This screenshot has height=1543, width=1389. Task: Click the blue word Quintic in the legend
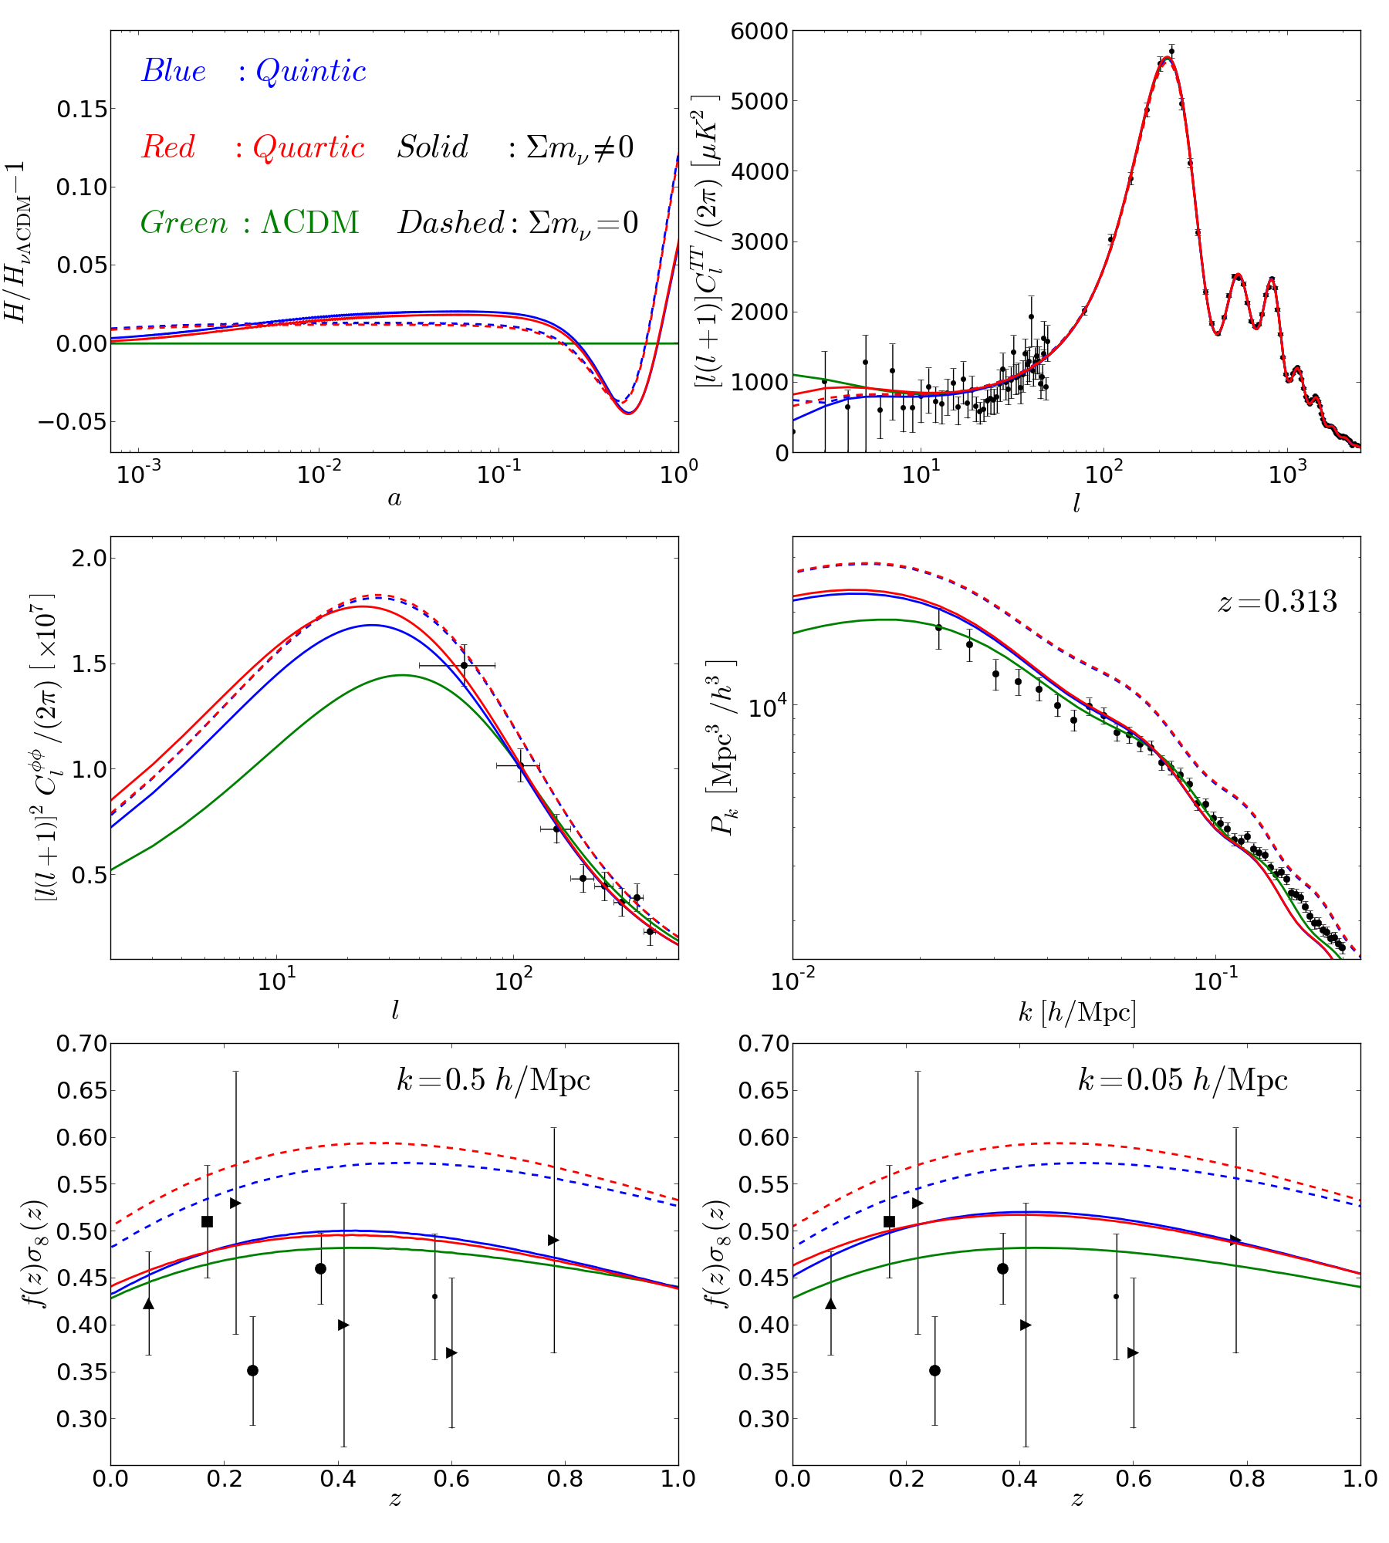point(310,71)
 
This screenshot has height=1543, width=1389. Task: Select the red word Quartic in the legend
point(309,147)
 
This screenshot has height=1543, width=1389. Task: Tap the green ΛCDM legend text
point(310,223)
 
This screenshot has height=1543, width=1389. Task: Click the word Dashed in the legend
point(451,223)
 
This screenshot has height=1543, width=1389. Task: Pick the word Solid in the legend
point(433,147)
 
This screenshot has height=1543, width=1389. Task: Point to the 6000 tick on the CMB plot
point(759,32)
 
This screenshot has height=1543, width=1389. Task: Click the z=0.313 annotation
point(1277,602)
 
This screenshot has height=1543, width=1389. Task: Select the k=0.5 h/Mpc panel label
point(494,1080)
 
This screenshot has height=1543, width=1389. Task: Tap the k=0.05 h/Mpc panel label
point(1183,1080)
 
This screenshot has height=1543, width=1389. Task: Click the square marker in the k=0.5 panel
point(207,1221)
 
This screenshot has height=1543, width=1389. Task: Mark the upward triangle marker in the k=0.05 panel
point(830,1303)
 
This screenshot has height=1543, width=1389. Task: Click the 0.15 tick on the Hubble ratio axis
point(82,110)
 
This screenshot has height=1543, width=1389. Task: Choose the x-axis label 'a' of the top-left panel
point(394,499)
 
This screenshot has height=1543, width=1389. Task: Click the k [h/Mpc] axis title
point(1076,1012)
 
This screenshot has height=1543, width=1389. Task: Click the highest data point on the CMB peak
point(1171,52)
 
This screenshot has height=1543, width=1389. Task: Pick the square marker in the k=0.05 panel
point(889,1221)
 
